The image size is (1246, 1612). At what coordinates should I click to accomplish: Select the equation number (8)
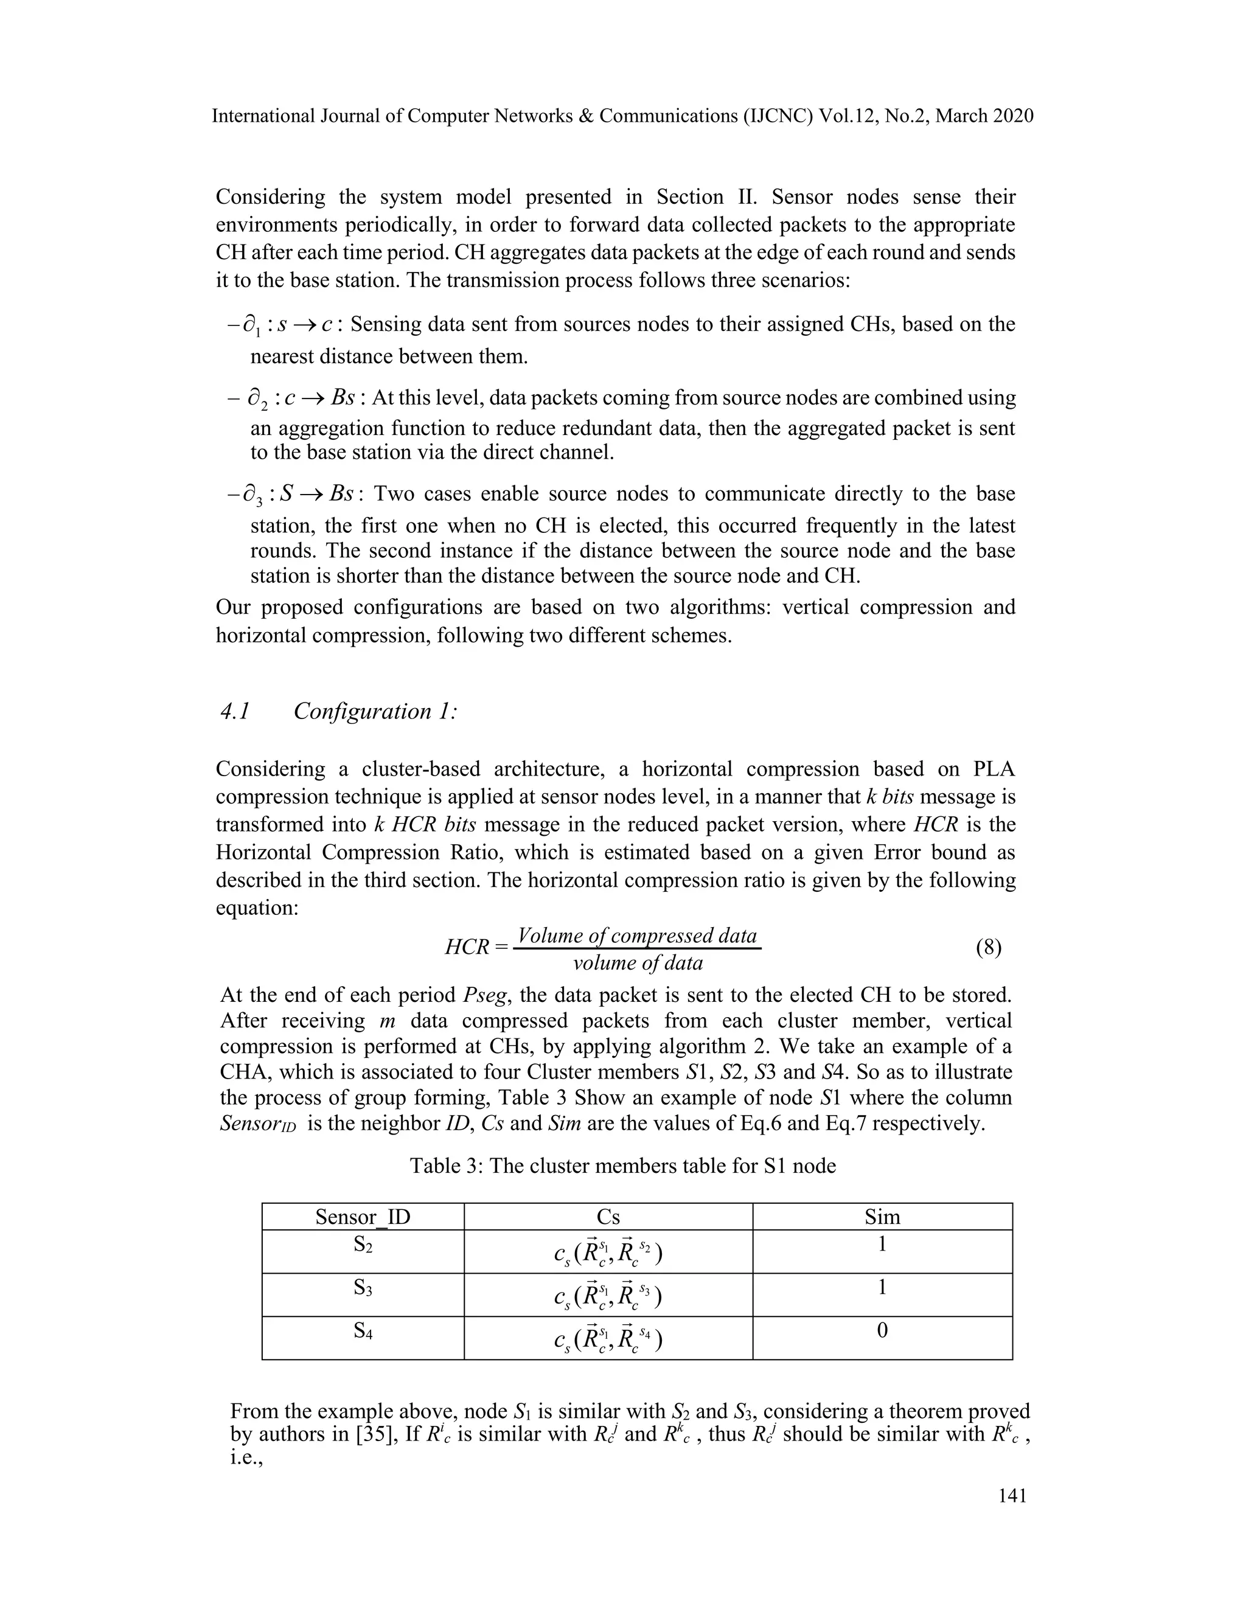989,947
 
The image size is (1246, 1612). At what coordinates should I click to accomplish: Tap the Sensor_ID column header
363,1217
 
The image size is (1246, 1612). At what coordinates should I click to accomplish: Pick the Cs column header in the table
608,1217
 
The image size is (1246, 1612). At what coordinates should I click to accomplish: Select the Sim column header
882,1217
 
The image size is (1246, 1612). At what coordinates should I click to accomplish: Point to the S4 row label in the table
363,1332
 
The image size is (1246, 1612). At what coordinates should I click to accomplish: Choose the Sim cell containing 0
882,1332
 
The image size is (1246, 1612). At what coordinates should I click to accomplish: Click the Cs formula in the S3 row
608,1295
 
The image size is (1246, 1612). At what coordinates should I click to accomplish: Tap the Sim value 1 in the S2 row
882,1245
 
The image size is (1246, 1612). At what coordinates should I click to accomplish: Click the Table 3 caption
622,1166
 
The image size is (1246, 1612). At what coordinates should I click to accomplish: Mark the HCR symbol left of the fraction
467,947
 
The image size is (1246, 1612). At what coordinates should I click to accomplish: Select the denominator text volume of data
637,963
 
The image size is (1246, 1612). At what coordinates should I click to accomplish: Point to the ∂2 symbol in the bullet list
257,399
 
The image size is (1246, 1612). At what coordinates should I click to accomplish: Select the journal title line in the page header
622,116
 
